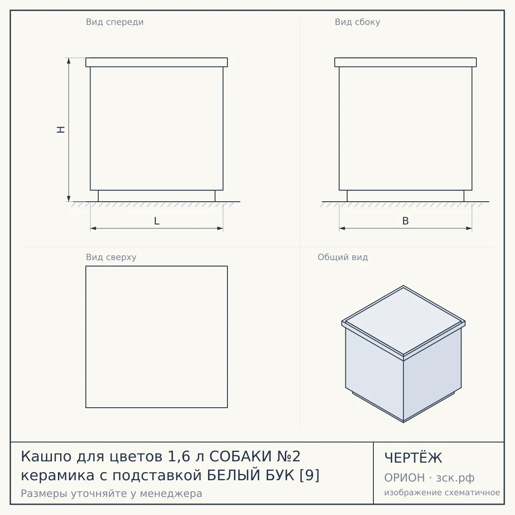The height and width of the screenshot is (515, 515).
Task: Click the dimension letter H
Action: pyautogui.click(x=61, y=130)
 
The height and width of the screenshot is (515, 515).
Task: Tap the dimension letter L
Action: pyautogui.click(x=157, y=221)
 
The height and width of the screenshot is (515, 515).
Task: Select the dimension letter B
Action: pyautogui.click(x=406, y=221)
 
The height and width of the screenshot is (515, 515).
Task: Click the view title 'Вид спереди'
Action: pyautogui.click(x=115, y=22)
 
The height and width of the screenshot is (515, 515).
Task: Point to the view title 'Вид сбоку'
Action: pyautogui.click(x=357, y=22)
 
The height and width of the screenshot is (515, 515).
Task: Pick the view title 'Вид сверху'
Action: pyautogui.click(x=111, y=257)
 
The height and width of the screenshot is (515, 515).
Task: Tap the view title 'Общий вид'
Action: pyautogui.click(x=342, y=257)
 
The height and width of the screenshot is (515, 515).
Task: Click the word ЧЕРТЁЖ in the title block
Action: pyautogui.click(x=413, y=458)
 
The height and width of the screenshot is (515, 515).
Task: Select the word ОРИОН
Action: pyautogui.click(x=404, y=478)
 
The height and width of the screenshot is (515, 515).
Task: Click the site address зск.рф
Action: pyautogui.click(x=455, y=478)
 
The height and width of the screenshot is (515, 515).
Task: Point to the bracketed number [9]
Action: pyautogui.click(x=309, y=475)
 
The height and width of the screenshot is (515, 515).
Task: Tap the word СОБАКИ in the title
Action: pyautogui.click(x=240, y=456)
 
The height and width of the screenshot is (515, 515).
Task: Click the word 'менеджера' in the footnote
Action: pyautogui.click(x=171, y=494)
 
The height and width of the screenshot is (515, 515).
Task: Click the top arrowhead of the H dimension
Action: pyautogui.click(x=69, y=61)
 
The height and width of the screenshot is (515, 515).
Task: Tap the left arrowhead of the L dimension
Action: pyautogui.click(x=93, y=228)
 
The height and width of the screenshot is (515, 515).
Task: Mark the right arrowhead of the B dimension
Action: pyautogui.click(x=469, y=228)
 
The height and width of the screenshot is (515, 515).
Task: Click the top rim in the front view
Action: pyautogui.click(x=157, y=62)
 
